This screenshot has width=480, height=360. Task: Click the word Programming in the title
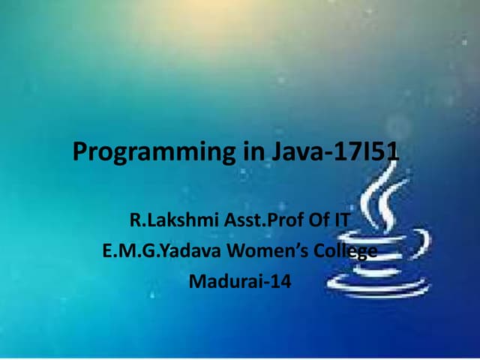click(x=154, y=152)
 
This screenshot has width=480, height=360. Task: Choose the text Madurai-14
click(x=240, y=283)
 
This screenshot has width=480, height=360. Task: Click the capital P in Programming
click(x=79, y=152)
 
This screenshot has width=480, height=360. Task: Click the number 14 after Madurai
click(x=281, y=283)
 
